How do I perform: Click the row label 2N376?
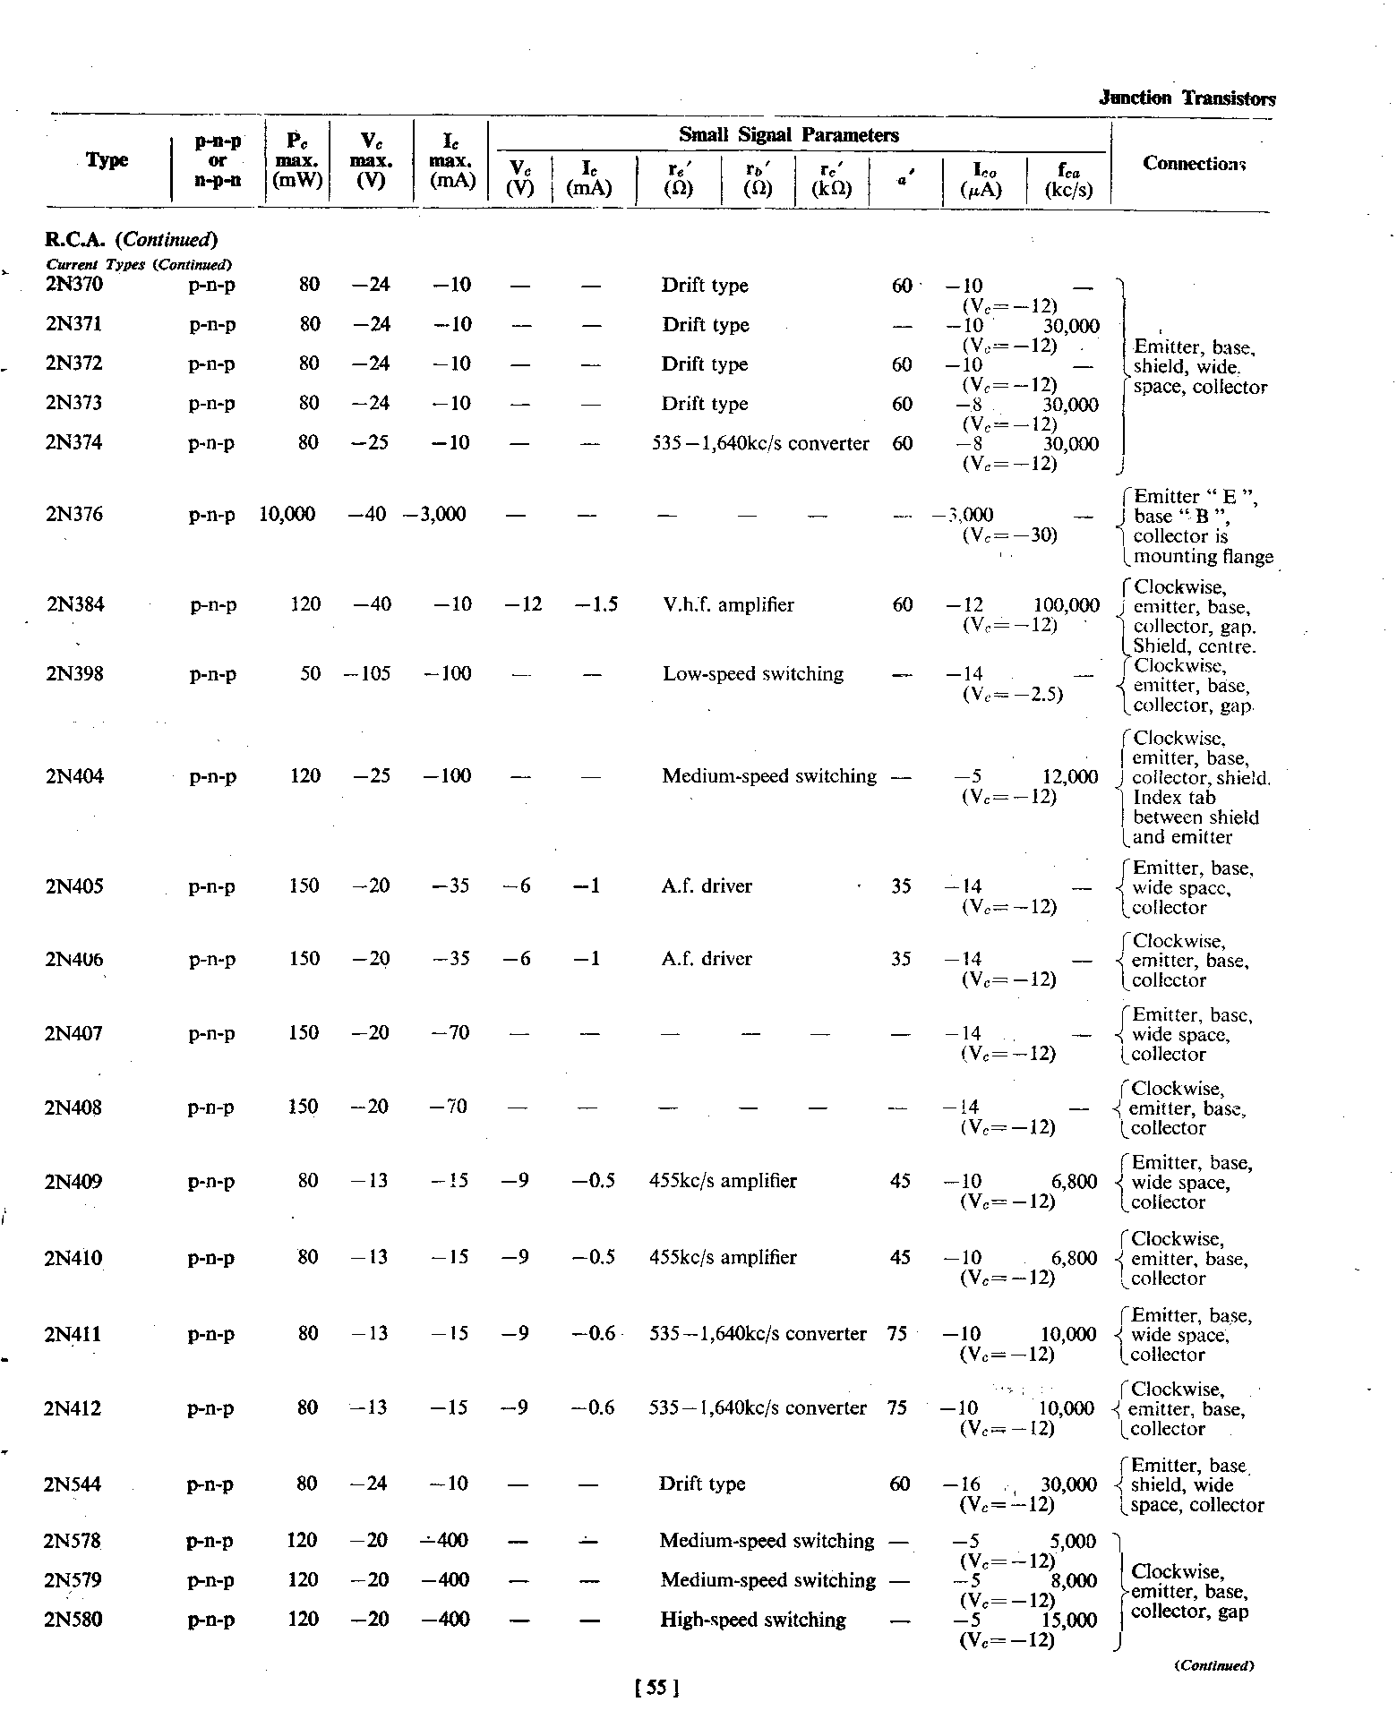click(x=74, y=514)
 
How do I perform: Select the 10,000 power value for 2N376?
click(x=287, y=514)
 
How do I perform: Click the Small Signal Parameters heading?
click(x=788, y=135)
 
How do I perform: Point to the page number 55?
click(x=656, y=1688)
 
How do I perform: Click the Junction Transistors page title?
click(x=1187, y=98)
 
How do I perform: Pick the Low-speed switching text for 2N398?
click(x=753, y=674)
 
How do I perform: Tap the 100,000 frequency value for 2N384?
click(x=1066, y=605)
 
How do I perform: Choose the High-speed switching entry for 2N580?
click(x=752, y=1620)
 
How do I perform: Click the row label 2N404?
click(x=74, y=776)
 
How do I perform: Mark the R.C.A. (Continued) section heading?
click(x=131, y=240)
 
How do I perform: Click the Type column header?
click(x=107, y=160)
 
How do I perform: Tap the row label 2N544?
click(x=73, y=1484)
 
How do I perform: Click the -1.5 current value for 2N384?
click(x=596, y=605)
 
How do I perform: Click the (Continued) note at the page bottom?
click(x=1213, y=1666)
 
